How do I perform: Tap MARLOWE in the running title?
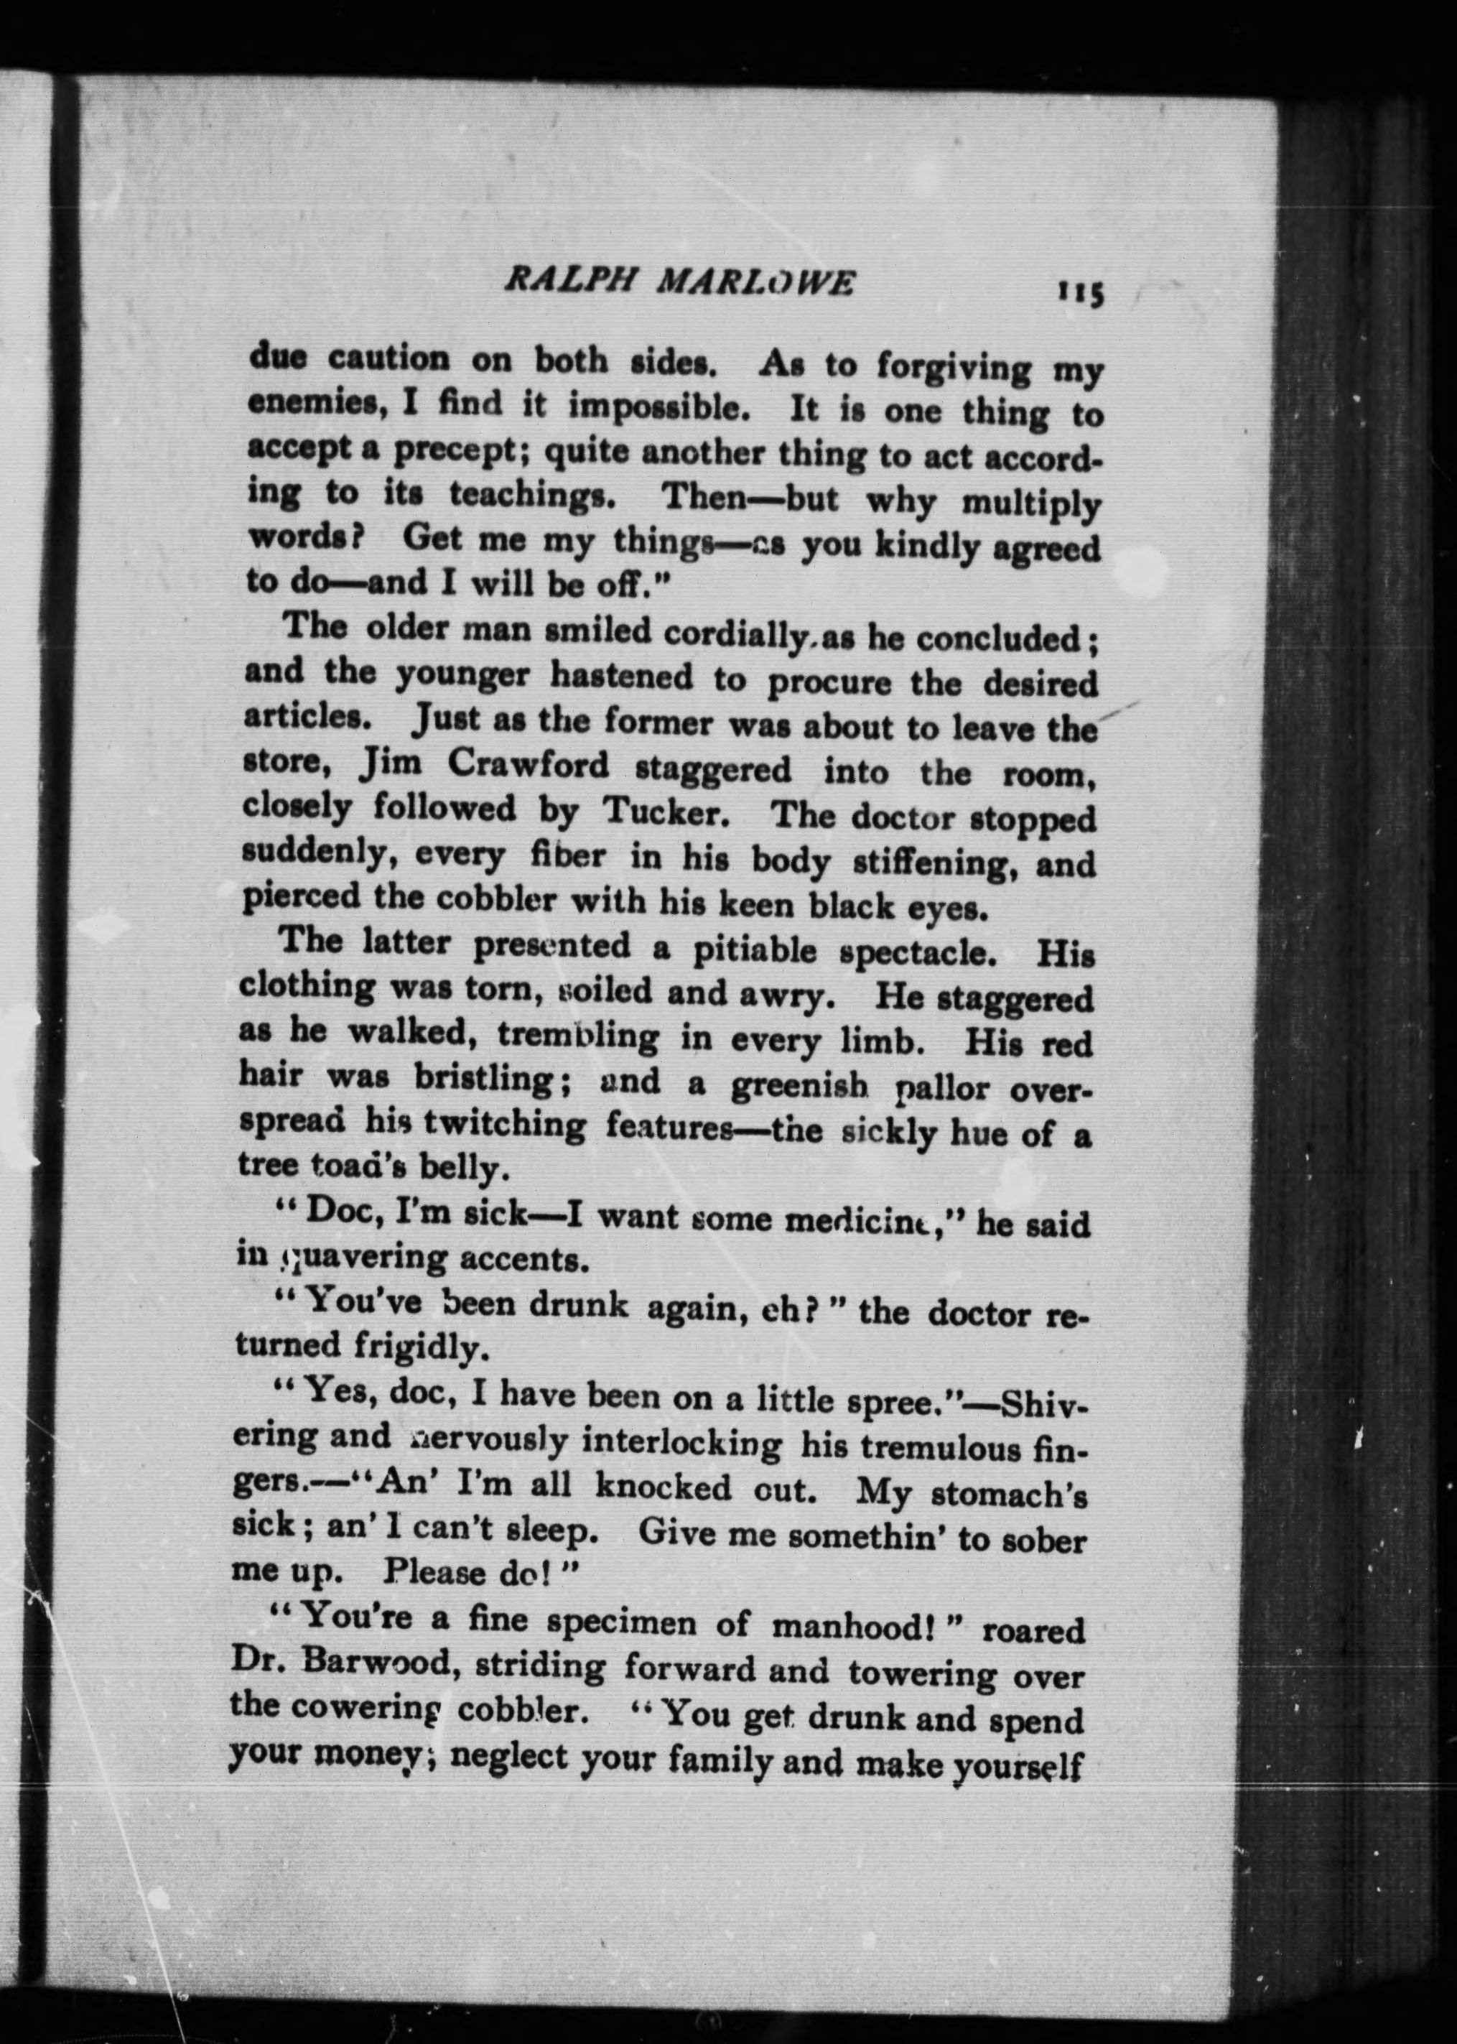(756, 284)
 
